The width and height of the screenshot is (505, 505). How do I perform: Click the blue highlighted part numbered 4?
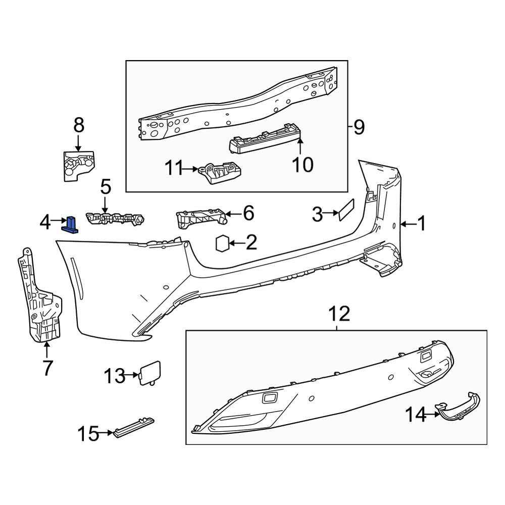click(71, 224)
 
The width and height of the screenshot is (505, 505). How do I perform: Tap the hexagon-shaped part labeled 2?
click(222, 243)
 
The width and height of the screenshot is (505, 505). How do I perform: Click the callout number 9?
click(359, 127)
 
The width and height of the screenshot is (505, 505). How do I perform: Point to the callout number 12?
click(339, 315)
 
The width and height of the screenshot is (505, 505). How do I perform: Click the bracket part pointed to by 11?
click(220, 173)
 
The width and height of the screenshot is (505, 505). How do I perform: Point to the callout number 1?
click(421, 223)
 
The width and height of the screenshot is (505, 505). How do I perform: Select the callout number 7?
click(47, 368)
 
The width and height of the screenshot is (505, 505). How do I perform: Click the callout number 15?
click(88, 433)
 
